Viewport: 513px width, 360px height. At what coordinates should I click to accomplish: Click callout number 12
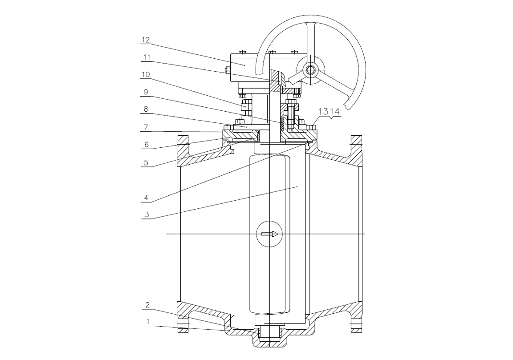(146, 40)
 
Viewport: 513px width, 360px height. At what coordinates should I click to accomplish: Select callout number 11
(146, 57)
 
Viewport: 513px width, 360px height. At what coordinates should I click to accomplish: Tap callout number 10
(146, 75)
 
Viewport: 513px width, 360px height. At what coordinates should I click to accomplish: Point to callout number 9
(146, 92)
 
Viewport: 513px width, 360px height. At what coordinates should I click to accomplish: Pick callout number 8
(146, 109)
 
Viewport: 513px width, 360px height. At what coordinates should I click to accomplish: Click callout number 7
(146, 127)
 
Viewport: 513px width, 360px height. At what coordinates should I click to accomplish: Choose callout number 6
(146, 144)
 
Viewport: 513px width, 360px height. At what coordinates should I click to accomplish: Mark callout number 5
(146, 162)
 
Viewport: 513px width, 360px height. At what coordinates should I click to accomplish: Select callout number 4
(146, 198)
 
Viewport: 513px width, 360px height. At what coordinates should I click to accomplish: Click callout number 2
(147, 305)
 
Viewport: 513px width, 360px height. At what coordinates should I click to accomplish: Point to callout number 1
(148, 322)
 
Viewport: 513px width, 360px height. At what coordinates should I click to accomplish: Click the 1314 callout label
(329, 111)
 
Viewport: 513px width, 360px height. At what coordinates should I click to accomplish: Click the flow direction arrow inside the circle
(269, 234)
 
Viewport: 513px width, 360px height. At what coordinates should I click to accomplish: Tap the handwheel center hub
(309, 69)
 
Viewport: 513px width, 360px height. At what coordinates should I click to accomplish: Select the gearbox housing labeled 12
(244, 68)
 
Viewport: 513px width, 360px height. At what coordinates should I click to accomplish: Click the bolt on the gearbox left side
(227, 70)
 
